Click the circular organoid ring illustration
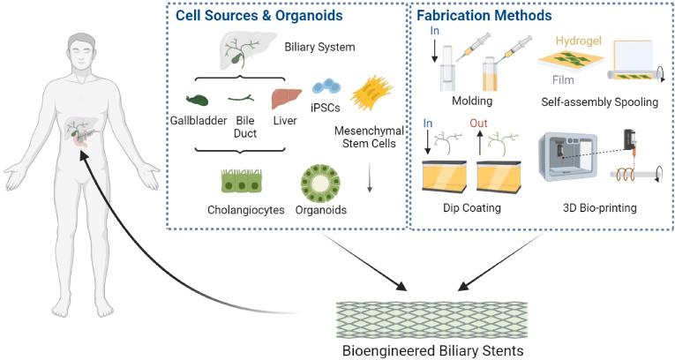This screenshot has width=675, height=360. [319, 182]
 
